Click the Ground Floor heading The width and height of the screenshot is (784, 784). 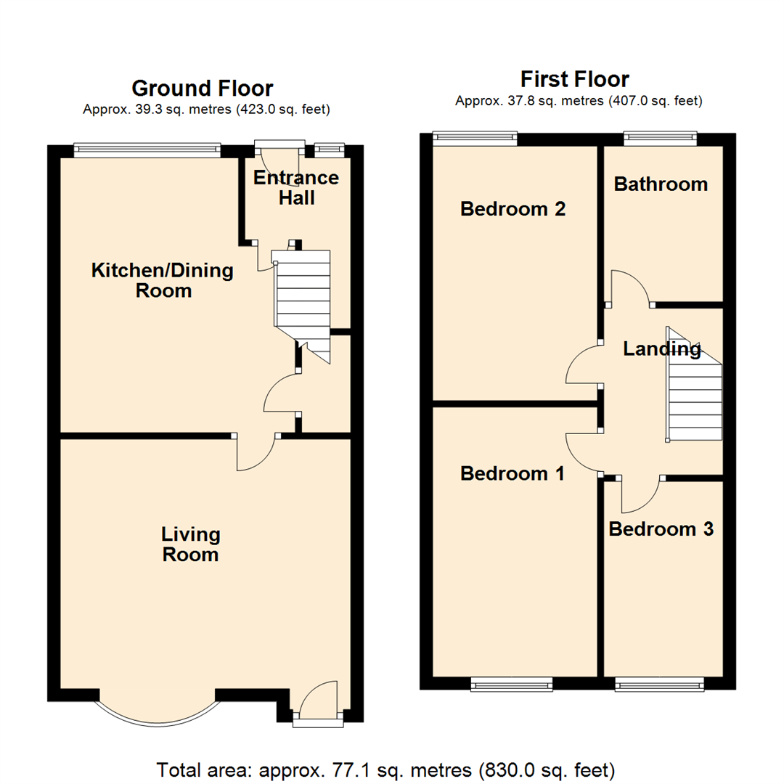tap(202, 89)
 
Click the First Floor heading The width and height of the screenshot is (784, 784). tap(574, 78)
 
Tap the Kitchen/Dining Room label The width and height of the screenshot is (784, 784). tap(163, 281)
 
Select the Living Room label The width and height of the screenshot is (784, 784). tap(190, 545)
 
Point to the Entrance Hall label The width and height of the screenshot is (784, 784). tap(297, 188)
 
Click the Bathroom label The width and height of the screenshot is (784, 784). tap(661, 184)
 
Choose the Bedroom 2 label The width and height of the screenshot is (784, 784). tap(513, 209)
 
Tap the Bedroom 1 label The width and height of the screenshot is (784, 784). tap(513, 474)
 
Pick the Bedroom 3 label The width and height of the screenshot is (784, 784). tap(661, 529)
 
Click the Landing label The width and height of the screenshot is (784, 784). tap(662, 349)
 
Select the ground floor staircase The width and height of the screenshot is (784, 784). tap(302, 298)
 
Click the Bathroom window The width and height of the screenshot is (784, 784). tap(661, 136)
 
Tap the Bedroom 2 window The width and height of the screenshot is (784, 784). tap(475, 136)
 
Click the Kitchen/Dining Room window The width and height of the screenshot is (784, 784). tap(147, 150)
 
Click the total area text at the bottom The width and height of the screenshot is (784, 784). tap(386, 769)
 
